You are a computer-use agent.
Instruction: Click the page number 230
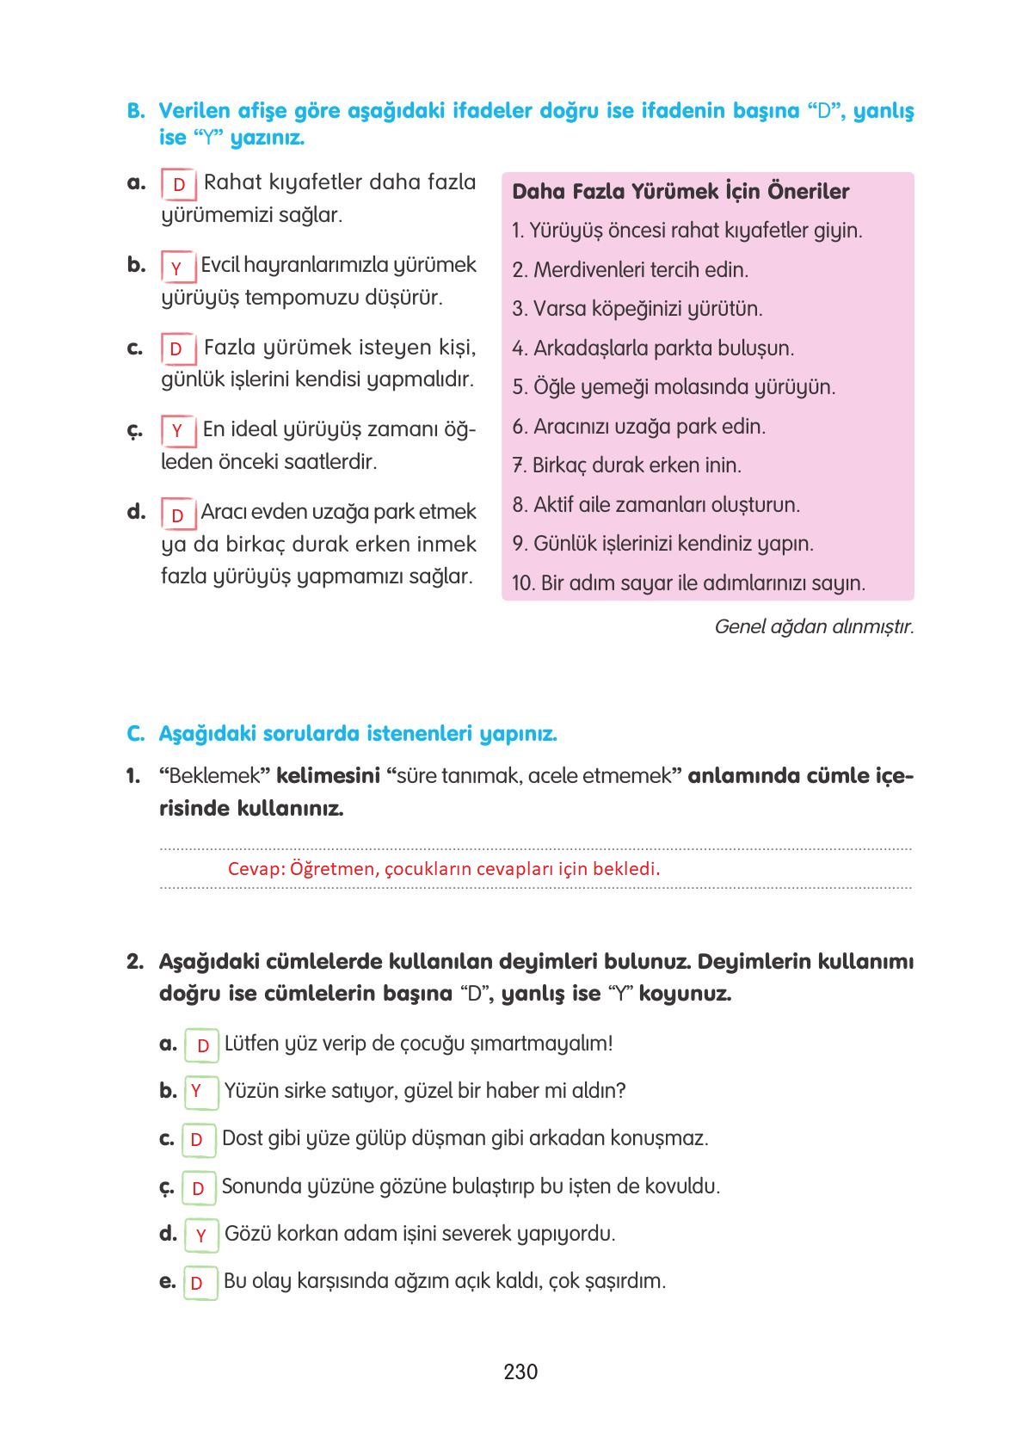pos(520,1371)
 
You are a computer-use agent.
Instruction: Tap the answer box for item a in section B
pos(179,185)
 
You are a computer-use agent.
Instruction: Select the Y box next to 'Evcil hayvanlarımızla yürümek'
pos(177,268)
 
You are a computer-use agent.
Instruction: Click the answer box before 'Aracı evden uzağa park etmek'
pos(178,515)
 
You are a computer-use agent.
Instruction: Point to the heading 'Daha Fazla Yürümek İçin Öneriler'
pos(680,192)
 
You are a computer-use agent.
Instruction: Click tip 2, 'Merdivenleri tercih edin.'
pos(631,270)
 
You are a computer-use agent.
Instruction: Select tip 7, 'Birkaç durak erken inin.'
pos(627,465)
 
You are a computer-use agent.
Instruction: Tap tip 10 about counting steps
pos(689,583)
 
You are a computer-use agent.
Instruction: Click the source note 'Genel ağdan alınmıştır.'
pos(814,626)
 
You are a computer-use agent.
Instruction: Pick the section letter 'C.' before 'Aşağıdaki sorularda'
pos(135,735)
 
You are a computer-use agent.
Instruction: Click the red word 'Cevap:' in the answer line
pos(256,869)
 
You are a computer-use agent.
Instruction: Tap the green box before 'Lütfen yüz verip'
pos(202,1045)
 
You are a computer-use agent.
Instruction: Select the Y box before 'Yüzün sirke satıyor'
pos(197,1091)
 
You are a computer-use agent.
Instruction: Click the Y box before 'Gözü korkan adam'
pos(201,1235)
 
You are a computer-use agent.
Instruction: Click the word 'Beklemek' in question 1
pos(215,776)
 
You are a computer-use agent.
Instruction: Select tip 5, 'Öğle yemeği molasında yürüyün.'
pos(674,387)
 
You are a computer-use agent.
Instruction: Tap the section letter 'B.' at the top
pos(136,111)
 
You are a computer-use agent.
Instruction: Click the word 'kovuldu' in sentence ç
pos(683,1186)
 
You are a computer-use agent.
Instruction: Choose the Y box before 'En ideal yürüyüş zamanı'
pos(177,431)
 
